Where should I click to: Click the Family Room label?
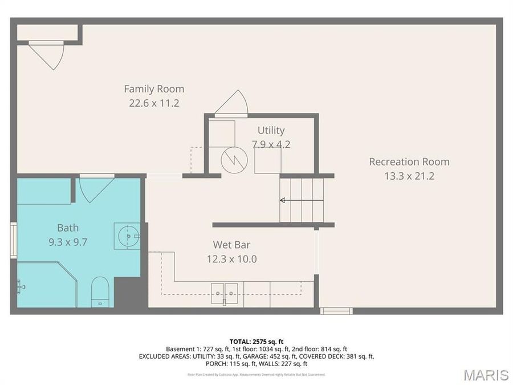[x=154, y=89]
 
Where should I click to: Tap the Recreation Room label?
[x=409, y=162]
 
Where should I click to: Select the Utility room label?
[x=271, y=131]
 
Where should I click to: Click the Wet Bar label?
[x=231, y=245]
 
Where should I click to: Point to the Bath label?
[x=68, y=228]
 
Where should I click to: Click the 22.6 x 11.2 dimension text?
[x=154, y=103]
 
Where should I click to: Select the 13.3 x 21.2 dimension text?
[x=409, y=176]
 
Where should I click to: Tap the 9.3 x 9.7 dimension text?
[x=68, y=242]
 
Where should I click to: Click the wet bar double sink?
[x=224, y=293]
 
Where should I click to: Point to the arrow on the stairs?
[x=283, y=200]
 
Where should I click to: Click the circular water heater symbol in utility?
[x=234, y=160]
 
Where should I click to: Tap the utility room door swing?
[x=232, y=104]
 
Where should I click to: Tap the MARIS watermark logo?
[x=486, y=375]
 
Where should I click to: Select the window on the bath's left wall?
[x=13, y=241]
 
